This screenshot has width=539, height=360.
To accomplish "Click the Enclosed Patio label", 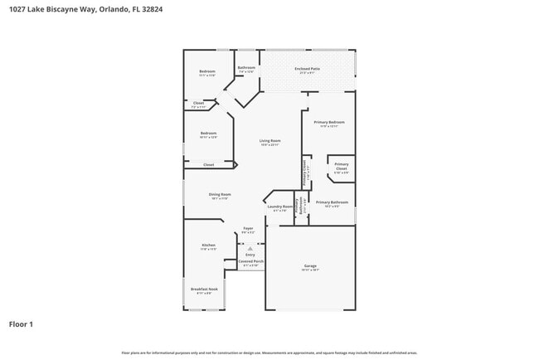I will coord(307,69).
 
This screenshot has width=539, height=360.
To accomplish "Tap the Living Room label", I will coord(269,141).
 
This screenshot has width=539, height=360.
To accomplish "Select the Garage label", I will coord(310,266).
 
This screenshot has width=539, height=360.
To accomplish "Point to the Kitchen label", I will coord(208,246).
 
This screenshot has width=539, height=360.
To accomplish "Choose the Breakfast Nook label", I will coord(203,289).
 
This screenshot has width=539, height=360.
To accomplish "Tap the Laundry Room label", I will coord(279,207).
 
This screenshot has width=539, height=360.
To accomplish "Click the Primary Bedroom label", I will coord(329,122).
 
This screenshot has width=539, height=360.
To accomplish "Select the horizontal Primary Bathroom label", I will coord(332,202).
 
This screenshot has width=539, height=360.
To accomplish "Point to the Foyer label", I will coord(248,228).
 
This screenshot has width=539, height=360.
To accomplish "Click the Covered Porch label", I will coord(250,261).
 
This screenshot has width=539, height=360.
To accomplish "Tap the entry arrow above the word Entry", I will coord(250,248).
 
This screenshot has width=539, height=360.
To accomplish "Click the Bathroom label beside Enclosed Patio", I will coord(246,68).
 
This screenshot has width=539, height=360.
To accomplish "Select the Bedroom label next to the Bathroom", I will coord(207,71).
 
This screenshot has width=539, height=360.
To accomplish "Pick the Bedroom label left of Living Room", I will coord(208,133).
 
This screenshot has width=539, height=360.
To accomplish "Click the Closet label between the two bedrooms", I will coord(198,104).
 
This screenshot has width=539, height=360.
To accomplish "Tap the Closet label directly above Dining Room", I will coord(209,165).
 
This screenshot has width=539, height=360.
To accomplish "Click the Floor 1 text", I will coord(21,324).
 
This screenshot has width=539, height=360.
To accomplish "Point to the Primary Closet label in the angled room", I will coord(341,166).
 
